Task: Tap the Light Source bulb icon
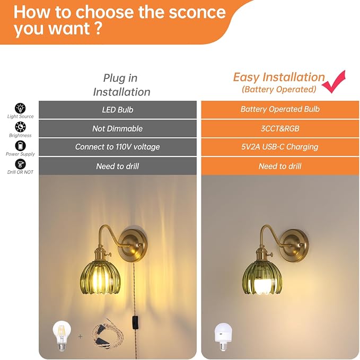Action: pyautogui.click(x=20, y=108)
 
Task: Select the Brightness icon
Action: pyautogui.click(x=20, y=127)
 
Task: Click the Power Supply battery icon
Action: pyautogui.click(x=20, y=146)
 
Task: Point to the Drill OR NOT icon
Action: pyautogui.click(x=20, y=164)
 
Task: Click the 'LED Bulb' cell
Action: pyautogui.click(x=118, y=110)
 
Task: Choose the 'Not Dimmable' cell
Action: pyautogui.click(x=118, y=128)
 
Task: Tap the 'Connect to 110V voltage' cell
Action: pyautogui.click(x=118, y=147)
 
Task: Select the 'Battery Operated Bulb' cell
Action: pyautogui.click(x=280, y=110)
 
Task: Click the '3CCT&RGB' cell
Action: pyautogui.click(x=280, y=128)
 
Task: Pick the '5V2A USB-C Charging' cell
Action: pyautogui.click(x=280, y=147)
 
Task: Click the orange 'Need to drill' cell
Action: pyautogui.click(x=280, y=166)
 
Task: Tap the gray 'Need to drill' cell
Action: pyautogui.click(x=118, y=166)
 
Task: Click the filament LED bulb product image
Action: pyautogui.click(x=62, y=336)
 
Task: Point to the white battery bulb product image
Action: pyautogui.click(x=223, y=337)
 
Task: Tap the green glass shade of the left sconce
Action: pyautogui.click(x=100, y=278)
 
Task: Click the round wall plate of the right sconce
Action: pyautogui.click(x=295, y=245)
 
